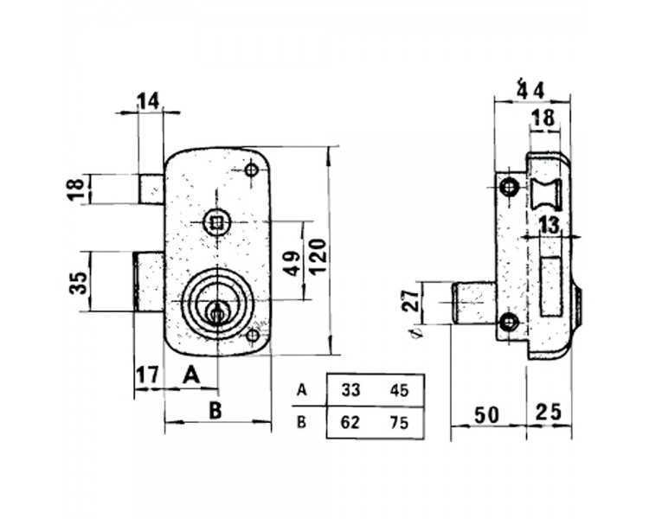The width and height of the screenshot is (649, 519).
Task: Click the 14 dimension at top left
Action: [148, 101]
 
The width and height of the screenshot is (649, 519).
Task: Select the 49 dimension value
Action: [293, 263]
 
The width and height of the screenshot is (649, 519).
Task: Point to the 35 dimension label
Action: [78, 282]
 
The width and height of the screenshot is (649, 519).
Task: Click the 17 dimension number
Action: [148, 375]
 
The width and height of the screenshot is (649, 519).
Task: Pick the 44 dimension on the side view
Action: [530, 90]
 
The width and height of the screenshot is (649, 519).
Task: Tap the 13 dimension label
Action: [549, 226]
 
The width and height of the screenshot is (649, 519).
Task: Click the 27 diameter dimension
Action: [411, 300]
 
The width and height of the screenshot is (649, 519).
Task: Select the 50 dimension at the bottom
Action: [486, 415]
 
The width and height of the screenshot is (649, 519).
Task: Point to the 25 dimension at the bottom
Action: [549, 412]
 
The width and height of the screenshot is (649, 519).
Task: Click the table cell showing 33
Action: [350, 390]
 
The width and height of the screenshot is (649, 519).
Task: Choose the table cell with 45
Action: [399, 390]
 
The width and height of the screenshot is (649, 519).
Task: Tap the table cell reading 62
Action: [350, 423]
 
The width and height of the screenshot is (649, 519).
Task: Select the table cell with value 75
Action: [399, 423]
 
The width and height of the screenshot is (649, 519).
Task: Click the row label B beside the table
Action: [301, 423]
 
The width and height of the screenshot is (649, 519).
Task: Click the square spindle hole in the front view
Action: [216, 223]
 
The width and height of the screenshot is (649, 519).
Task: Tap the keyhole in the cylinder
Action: [216, 313]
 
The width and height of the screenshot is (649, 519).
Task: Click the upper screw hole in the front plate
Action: [251, 170]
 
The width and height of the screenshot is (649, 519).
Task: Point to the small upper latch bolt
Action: [151, 189]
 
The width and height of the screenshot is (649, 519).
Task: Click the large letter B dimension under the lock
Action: [215, 411]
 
